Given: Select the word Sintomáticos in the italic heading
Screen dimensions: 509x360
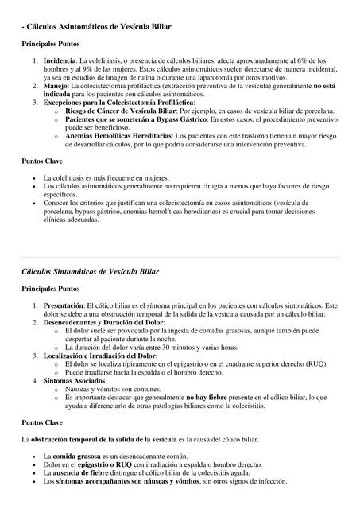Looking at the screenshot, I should [92, 272].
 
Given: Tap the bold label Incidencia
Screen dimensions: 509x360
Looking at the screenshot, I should [60, 60].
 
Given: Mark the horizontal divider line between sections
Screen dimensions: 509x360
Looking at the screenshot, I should [180, 258].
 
